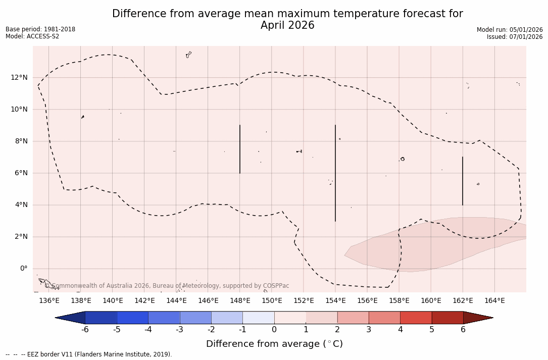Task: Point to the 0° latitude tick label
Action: (x=23, y=269)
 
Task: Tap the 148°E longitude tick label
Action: (x=240, y=301)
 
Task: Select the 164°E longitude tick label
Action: (x=494, y=301)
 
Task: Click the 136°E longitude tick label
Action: (x=49, y=301)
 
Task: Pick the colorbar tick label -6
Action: (x=85, y=330)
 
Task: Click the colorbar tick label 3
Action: (x=369, y=330)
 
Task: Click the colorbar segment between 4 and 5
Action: (x=416, y=318)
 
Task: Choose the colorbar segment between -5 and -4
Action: (x=132, y=318)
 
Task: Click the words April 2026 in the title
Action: (x=287, y=25)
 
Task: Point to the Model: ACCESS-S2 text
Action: (x=32, y=36)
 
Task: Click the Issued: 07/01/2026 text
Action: (x=515, y=37)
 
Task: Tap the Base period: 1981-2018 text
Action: (x=40, y=29)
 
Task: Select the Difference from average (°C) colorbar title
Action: (x=274, y=344)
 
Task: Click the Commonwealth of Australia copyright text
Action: (x=167, y=286)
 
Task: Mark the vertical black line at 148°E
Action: (x=240, y=149)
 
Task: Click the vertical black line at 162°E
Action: (x=463, y=181)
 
